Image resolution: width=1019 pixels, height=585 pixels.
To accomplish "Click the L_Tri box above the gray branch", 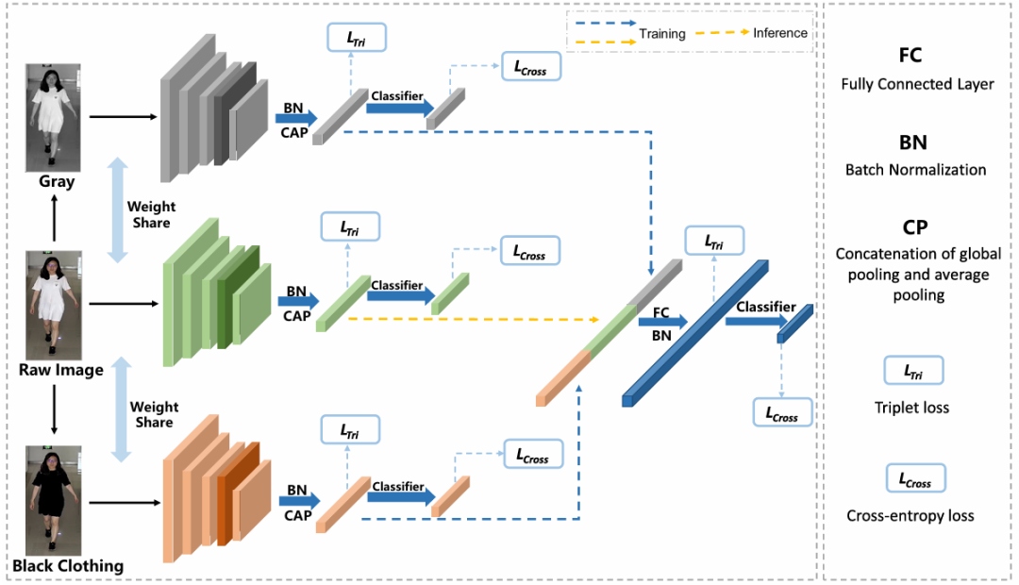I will pos(357,38).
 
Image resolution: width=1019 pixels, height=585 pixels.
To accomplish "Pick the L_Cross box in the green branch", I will pos(529,251).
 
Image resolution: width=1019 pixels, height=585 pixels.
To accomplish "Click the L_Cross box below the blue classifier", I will pos(782,412).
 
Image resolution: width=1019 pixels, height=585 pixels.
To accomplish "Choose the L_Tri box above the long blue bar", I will pos(714,241).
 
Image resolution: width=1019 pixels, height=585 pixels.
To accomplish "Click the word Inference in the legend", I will pos(779,33).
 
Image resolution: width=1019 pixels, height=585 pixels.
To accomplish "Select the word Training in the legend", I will pos(662,33).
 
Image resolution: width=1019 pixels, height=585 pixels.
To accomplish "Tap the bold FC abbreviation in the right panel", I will pos(910,55).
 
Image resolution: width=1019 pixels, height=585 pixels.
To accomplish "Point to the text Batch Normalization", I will pos(915,170).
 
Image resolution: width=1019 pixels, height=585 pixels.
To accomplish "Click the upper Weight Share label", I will pos(151,214).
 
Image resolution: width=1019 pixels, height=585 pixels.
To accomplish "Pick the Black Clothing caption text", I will pos(68,566).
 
